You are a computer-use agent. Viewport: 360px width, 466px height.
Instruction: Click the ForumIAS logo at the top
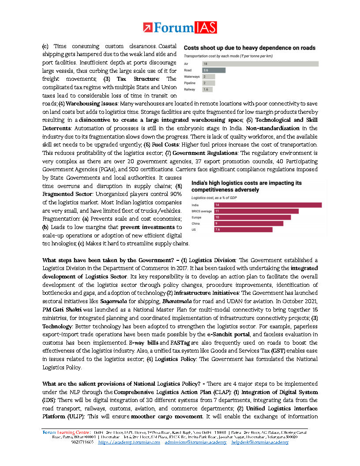[180, 28]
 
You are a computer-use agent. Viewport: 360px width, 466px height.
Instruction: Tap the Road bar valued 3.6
[214, 70]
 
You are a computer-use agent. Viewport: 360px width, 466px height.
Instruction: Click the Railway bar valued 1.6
[206, 89]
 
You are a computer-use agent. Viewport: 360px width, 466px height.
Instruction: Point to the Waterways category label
[191, 76]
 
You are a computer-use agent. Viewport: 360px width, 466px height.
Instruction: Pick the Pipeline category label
[190, 83]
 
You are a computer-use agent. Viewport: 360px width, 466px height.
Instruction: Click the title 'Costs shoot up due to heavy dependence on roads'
[249, 48]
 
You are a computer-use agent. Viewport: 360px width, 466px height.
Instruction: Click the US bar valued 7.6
[243, 229]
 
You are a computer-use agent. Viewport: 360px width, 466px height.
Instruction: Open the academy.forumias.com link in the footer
[129, 442]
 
